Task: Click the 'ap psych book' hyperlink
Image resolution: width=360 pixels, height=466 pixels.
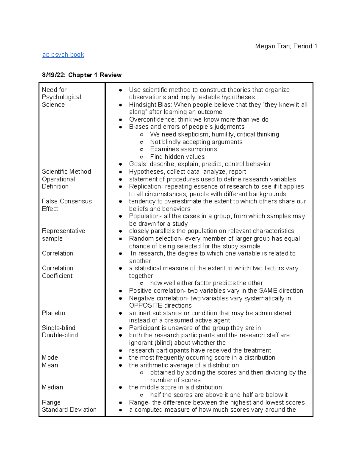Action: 63,55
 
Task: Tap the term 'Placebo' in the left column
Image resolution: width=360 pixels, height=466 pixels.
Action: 53,313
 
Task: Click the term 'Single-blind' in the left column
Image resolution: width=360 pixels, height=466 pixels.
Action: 58,328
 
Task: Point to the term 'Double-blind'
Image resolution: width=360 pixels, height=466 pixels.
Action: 60,335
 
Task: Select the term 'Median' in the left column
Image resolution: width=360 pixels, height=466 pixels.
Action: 52,387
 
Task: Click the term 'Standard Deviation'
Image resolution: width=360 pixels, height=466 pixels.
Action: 69,410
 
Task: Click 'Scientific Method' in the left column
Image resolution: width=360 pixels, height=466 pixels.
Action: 66,172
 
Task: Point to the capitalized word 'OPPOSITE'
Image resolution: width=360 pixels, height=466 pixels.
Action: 145,305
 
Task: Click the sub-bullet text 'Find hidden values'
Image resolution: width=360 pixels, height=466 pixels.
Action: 177,157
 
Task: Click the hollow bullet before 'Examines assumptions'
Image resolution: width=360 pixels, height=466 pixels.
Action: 142,149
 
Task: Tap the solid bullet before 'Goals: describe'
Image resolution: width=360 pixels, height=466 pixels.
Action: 120,164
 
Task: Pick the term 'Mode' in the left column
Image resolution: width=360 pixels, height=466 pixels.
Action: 50,358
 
